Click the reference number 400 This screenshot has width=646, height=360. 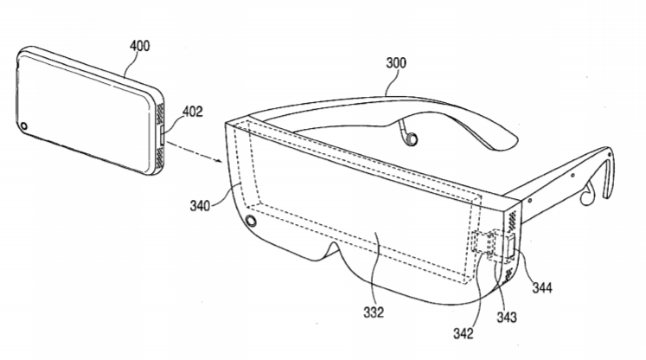pyautogui.click(x=140, y=45)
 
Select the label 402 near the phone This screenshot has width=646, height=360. pyautogui.click(x=192, y=112)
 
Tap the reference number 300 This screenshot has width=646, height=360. pyautogui.click(x=396, y=62)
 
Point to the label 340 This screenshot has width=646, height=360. pyautogui.click(x=200, y=205)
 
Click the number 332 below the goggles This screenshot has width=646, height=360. pyautogui.click(x=374, y=312)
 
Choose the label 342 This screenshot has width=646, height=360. pyautogui.click(x=464, y=333)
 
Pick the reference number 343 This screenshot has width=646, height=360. pyautogui.click(x=506, y=317)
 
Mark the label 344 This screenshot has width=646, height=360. pyautogui.click(x=541, y=287)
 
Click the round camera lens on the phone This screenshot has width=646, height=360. pyautogui.click(x=23, y=125)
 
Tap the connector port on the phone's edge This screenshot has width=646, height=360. pyautogui.click(x=162, y=136)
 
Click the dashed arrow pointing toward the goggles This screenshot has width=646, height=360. pyautogui.click(x=195, y=153)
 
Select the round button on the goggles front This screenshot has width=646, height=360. pyautogui.click(x=250, y=221)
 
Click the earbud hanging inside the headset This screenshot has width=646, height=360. pyautogui.click(x=409, y=135)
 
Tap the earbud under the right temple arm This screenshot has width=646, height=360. pyautogui.click(x=586, y=195)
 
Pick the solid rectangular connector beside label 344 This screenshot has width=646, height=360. pyautogui.click(x=510, y=247)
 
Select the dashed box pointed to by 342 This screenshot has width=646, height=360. pyautogui.click(x=483, y=242)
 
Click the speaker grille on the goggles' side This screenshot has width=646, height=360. pyautogui.click(x=511, y=220)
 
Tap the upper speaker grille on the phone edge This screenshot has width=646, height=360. pyautogui.click(x=160, y=114)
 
